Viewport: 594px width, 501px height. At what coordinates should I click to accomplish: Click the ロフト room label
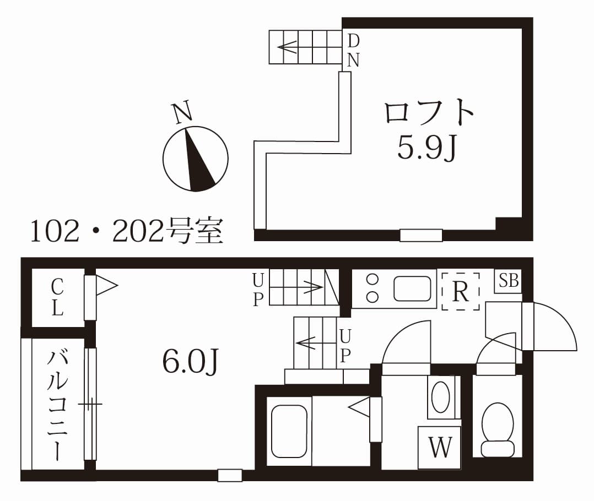[429, 113]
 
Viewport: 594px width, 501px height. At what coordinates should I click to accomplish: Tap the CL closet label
[57, 297]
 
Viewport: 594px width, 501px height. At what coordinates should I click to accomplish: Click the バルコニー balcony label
[57, 405]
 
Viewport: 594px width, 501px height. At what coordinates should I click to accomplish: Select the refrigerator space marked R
[460, 292]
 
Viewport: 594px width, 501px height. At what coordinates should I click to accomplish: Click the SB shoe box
[509, 281]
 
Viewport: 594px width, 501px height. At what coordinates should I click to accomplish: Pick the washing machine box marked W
[440, 448]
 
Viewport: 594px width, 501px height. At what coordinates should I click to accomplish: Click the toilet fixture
[498, 429]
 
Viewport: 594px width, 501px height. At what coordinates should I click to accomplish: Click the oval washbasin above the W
[440, 397]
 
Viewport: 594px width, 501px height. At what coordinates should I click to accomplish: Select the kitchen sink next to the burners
[412, 288]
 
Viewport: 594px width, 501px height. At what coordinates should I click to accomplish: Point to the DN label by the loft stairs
[353, 50]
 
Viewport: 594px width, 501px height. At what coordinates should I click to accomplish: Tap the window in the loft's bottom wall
[421, 235]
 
